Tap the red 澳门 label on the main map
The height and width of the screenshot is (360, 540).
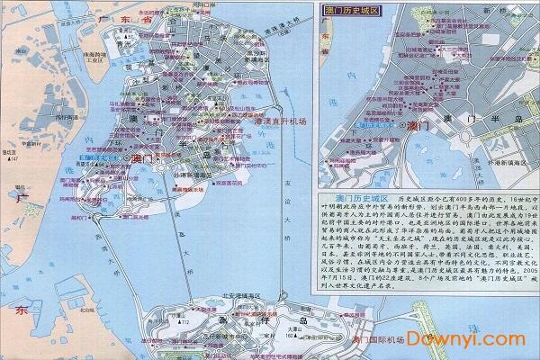tap(143, 157)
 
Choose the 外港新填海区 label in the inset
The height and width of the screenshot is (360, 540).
tap(500, 179)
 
